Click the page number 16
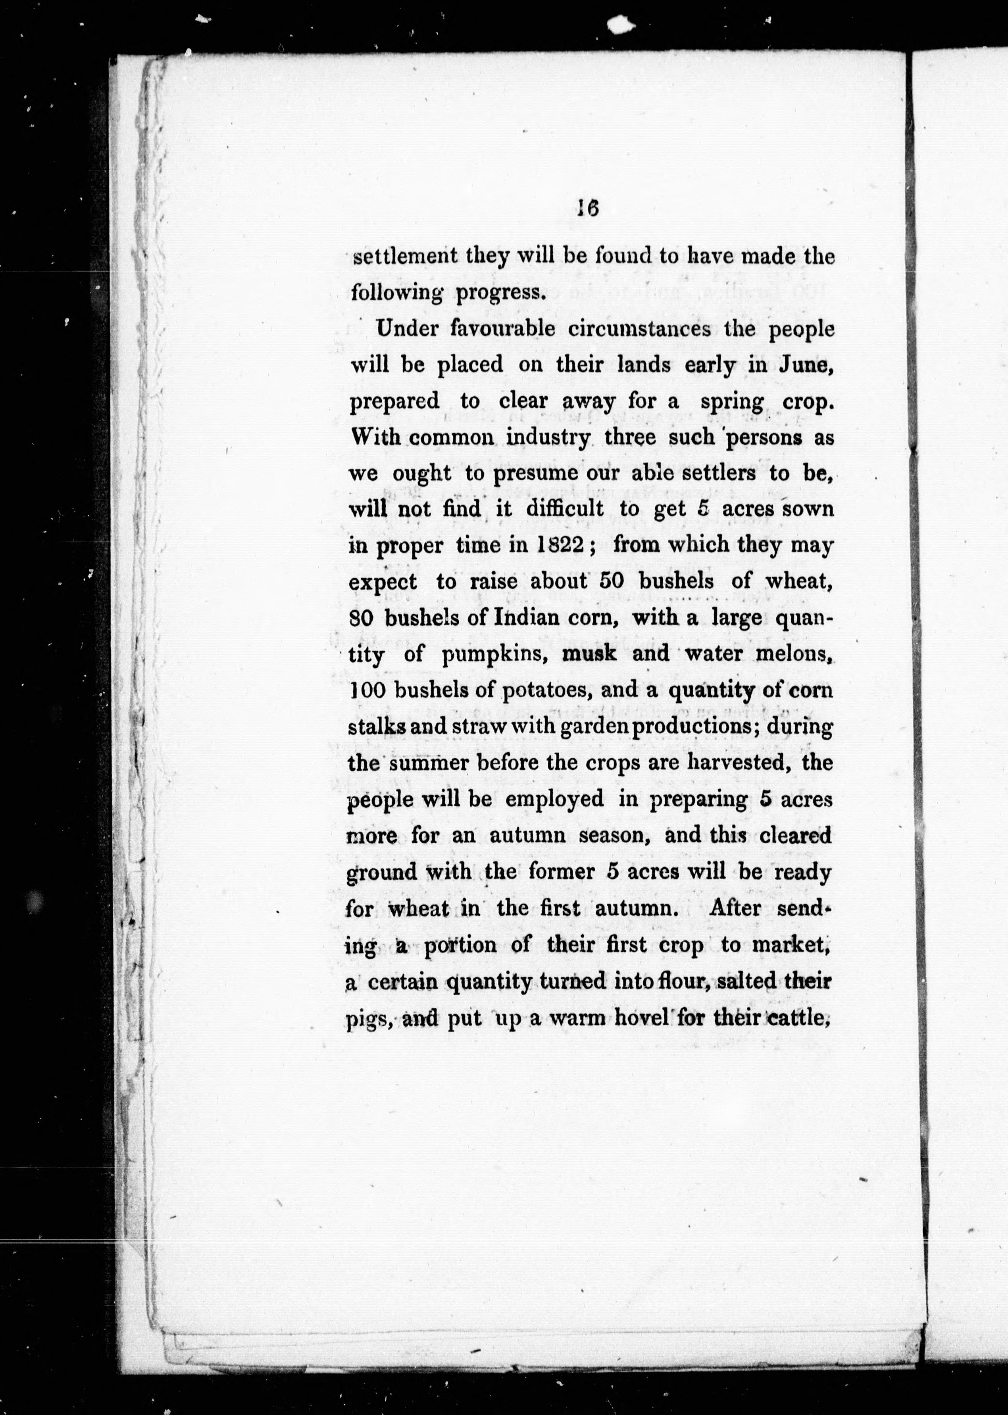(587, 209)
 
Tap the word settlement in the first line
(405, 256)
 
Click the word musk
(589, 653)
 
